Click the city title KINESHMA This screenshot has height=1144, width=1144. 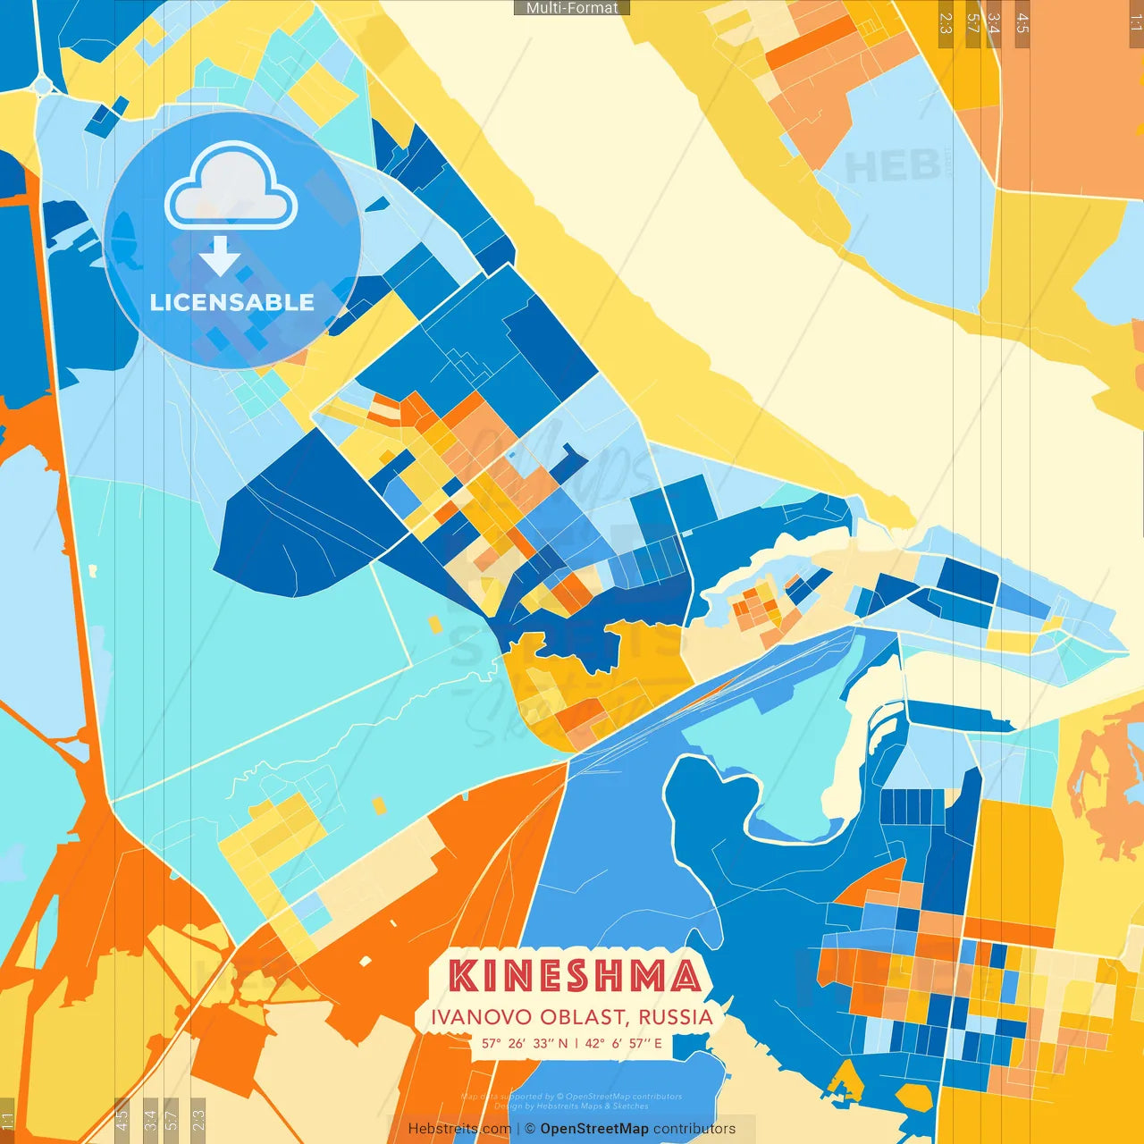(x=574, y=976)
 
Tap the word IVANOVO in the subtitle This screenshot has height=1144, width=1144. (x=471, y=1017)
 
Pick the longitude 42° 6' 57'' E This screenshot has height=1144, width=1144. (x=624, y=1043)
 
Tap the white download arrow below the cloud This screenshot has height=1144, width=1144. (x=220, y=257)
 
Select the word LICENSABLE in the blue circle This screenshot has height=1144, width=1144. (x=232, y=302)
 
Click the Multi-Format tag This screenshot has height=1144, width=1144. (x=572, y=8)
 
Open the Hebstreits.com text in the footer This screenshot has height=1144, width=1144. (x=459, y=1129)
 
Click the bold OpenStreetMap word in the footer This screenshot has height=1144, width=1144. (x=594, y=1129)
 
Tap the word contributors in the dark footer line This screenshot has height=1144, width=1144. (x=694, y=1129)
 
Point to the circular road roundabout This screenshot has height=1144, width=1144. (x=42, y=86)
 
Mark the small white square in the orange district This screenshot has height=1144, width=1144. (x=365, y=962)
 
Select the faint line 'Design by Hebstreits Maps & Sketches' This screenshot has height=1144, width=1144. (x=572, y=1106)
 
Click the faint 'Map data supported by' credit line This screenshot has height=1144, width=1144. (x=572, y=1097)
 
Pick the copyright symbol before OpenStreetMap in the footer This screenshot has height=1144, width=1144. (x=530, y=1129)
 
